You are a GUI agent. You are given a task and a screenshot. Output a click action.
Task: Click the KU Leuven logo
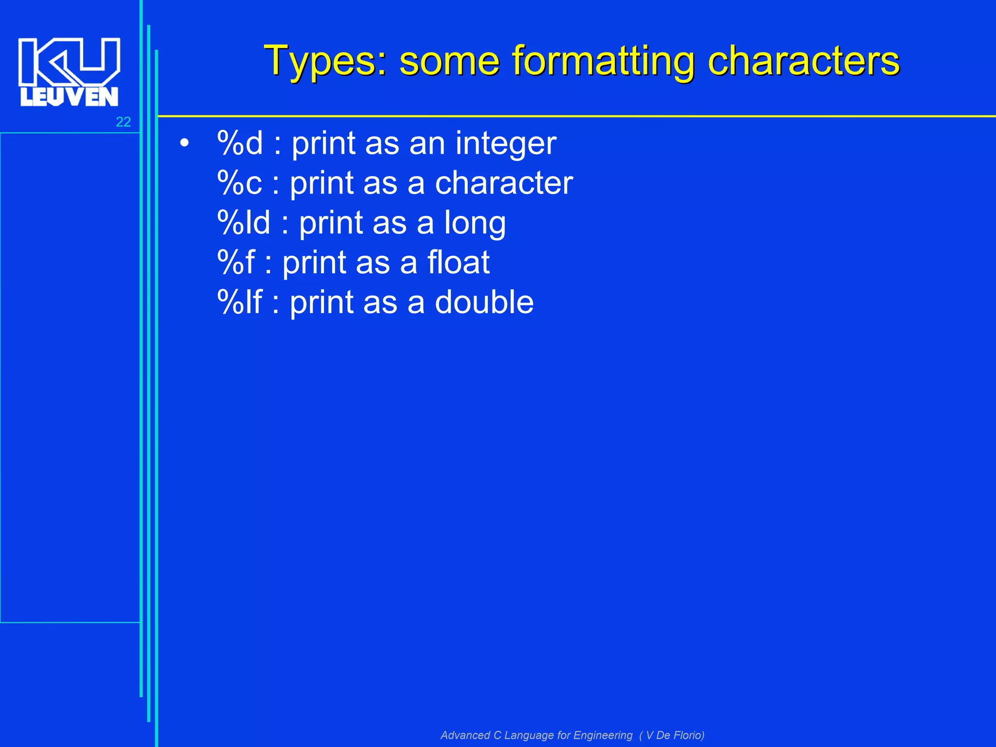click(x=69, y=71)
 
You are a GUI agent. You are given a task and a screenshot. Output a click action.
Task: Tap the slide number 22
click(x=123, y=122)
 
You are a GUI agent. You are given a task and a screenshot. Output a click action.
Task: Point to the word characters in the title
click(x=803, y=61)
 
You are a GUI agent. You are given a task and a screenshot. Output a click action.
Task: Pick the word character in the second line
click(x=504, y=183)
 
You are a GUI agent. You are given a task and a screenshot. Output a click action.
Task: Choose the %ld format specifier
click(x=244, y=223)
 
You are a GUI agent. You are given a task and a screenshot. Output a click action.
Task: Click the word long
click(x=475, y=224)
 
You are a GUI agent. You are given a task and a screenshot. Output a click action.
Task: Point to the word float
click(x=459, y=263)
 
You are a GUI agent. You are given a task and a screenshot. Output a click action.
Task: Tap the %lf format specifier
click(x=240, y=302)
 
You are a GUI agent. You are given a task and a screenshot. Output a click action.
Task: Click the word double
click(x=484, y=302)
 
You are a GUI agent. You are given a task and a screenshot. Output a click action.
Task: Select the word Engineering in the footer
click(x=603, y=735)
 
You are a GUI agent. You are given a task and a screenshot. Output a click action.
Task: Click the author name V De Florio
click(x=675, y=735)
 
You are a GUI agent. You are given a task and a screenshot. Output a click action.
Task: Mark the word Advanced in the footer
click(x=465, y=735)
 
